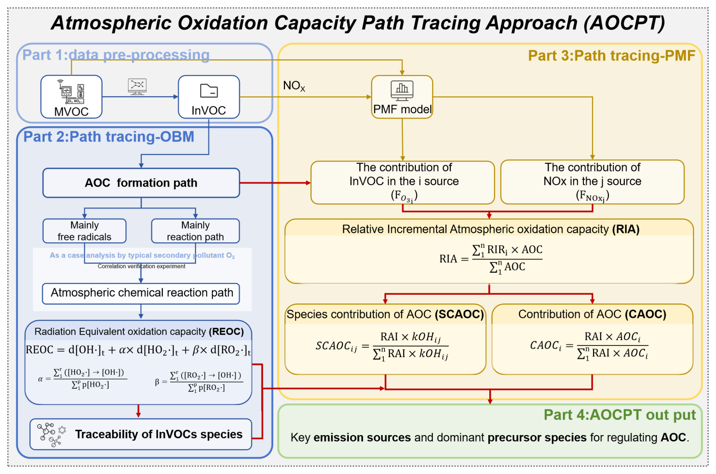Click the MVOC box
(71, 97)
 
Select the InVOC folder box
(209, 97)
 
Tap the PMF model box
(402, 97)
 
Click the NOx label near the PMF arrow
(294, 86)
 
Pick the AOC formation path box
(141, 183)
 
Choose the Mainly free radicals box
(84, 231)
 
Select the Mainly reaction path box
(195, 231)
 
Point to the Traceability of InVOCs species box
(141, 434)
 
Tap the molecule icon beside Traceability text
(51, 435)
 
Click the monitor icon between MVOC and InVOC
(137, 87)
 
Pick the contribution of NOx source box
(592, 182)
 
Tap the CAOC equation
(589, 345)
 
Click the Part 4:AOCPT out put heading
(619, 415)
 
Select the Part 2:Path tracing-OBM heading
(109, 137)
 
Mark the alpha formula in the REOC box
(83, 378)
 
